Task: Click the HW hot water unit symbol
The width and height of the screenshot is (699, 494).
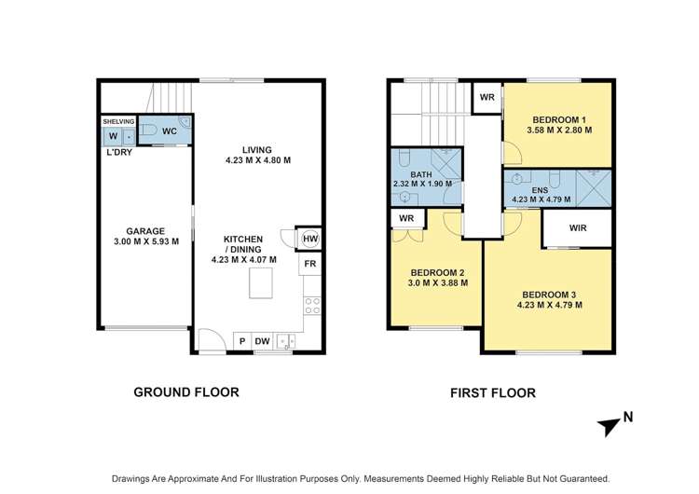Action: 310,240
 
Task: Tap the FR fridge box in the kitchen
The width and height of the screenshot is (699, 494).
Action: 310,266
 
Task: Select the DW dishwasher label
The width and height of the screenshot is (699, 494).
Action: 263,342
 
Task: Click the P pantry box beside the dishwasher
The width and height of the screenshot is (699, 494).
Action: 241,342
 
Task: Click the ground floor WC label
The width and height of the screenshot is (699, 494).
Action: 169,131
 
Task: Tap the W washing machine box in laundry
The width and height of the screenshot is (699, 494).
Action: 113,136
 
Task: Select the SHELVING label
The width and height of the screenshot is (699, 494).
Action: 118,121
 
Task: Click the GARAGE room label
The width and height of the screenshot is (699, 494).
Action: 146,231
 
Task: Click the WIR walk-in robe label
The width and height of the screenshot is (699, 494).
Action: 577,226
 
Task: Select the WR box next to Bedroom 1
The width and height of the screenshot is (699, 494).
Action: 487,97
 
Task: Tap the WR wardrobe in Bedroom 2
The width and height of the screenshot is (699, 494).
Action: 405,218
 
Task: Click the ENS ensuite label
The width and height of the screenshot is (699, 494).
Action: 540,188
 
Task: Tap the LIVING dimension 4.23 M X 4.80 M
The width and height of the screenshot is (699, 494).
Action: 258,160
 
